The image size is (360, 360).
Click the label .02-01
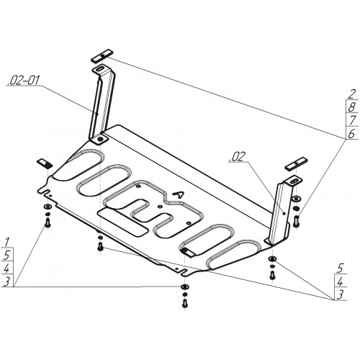click(23, 81)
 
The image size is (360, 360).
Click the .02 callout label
click(238, 157)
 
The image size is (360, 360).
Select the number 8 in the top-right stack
click(351, 107)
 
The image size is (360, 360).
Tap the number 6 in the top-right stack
click(351, 133)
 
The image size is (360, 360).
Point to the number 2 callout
click(351, 94)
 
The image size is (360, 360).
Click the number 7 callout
click(352, 120)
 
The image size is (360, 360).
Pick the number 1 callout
click(7, 242)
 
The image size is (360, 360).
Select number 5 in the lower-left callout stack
click(7, 255)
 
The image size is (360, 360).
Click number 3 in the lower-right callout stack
click(340, 294)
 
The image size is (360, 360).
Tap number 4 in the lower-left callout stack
click(6, 268)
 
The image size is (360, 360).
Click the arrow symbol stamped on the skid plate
click(179, 194)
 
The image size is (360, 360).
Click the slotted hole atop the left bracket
click(99, 69)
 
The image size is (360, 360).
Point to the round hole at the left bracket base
click(100, 139)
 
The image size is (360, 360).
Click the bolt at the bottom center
click(185, 303)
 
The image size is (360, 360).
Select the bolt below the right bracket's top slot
click(297, 220)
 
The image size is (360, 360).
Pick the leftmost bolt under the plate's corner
click(48, 223)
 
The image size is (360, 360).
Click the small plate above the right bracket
click(297, 164)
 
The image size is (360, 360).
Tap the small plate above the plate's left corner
click(45, 163)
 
